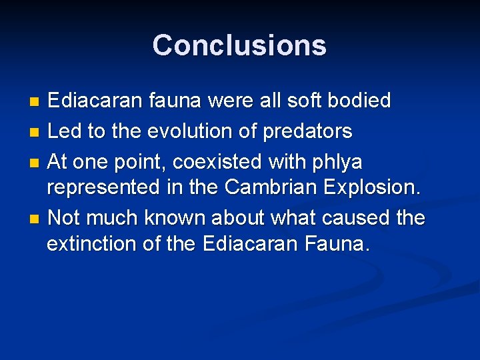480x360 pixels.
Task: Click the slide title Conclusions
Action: click(x=239, y=45)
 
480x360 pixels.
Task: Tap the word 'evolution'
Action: click(x=180, y=131)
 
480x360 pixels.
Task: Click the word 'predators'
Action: click(x=307, y=131)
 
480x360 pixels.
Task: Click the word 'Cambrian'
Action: click(x=271, y=187)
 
